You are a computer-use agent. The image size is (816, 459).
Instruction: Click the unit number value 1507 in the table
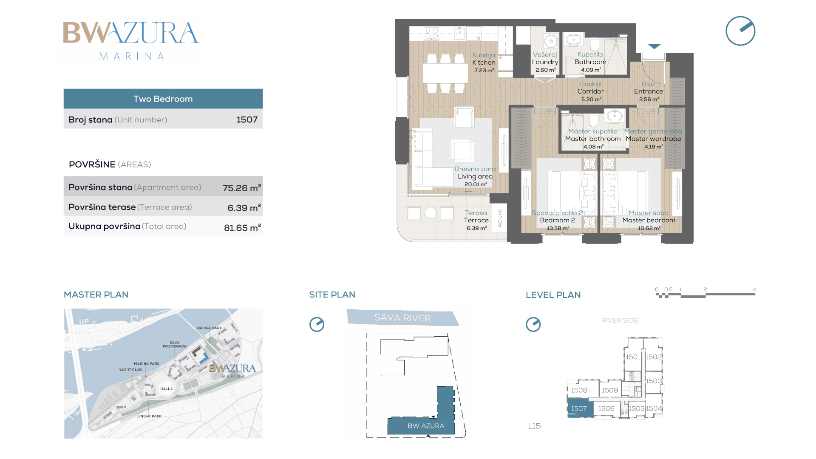click(x=247, y=120)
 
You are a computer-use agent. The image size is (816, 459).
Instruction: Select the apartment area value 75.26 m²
click(x=242, y=188)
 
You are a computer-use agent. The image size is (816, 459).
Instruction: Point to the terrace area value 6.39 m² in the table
click(x=244, y=208)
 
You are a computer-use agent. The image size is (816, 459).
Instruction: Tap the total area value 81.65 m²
click(x=242, y=227)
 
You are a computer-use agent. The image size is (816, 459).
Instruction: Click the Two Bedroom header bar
click(x=163, y=99)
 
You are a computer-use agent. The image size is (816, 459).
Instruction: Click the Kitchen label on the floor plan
click(x=484, y=62)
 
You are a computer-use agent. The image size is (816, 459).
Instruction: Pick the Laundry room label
click(x=545, y=62)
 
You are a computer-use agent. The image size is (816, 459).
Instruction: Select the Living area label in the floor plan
click(x=475, y=176)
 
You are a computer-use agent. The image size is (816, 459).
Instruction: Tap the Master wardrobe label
click(x=653, y=139)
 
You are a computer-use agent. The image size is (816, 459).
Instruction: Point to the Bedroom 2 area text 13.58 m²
click(x=558, y=228)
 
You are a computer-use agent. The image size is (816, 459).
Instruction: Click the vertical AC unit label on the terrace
click(x=500, y=218)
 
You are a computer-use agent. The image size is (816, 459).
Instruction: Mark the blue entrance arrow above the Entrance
click(x=654, y=46)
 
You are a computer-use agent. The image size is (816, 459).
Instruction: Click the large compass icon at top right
click(x=740, y=31)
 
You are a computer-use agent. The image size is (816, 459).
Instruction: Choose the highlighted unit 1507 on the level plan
click(x=579, y=408)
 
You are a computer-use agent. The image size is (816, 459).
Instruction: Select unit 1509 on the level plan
click(x=609, y=390)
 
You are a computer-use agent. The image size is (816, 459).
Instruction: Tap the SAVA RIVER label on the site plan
click(x=402, y=318)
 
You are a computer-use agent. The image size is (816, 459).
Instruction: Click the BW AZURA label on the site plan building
click(x=426, y=426)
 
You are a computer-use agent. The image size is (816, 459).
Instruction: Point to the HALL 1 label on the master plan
click(x=166, y=389)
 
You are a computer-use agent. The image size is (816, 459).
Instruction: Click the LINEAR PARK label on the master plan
click(x=149, y=416)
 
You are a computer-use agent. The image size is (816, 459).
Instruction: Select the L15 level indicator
click(x=534, y=426)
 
